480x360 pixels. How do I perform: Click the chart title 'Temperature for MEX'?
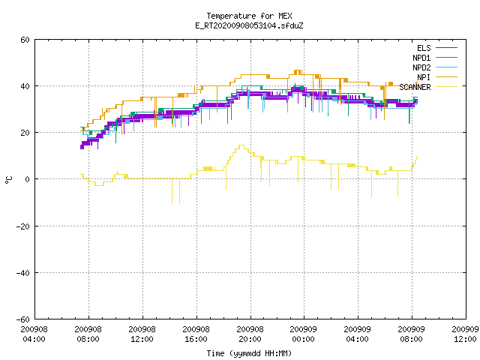pos(249,16)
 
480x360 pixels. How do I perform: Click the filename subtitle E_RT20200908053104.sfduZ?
pos(249,25)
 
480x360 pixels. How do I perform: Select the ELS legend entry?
pos(436,48)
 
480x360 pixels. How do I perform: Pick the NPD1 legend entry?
pos(435,58)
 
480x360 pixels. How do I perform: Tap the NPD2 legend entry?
pos(435,67)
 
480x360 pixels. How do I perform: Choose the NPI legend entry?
pos(436,77)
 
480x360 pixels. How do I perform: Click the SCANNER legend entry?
pos(428,87)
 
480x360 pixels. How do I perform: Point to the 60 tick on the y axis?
pos(25,40)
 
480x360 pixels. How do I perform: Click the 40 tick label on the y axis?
pos(25,86)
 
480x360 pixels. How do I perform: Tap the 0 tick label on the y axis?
pos(28,179)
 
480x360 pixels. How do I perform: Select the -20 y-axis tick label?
pos(23,226)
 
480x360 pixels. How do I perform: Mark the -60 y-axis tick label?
pos(23,319)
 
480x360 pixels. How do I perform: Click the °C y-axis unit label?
pos(9,180)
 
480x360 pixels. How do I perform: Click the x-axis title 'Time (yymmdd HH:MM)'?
pos(249,353)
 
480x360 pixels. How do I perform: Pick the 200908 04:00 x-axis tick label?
pos(34,334)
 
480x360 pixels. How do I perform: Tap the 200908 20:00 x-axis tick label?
pos(250,334)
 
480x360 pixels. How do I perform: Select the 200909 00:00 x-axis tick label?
pos(304,334)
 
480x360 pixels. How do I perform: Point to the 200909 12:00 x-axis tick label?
pos(465,334)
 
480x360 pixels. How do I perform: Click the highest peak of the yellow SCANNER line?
pos(241,145)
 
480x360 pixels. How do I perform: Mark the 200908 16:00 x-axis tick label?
pos(196,334)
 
